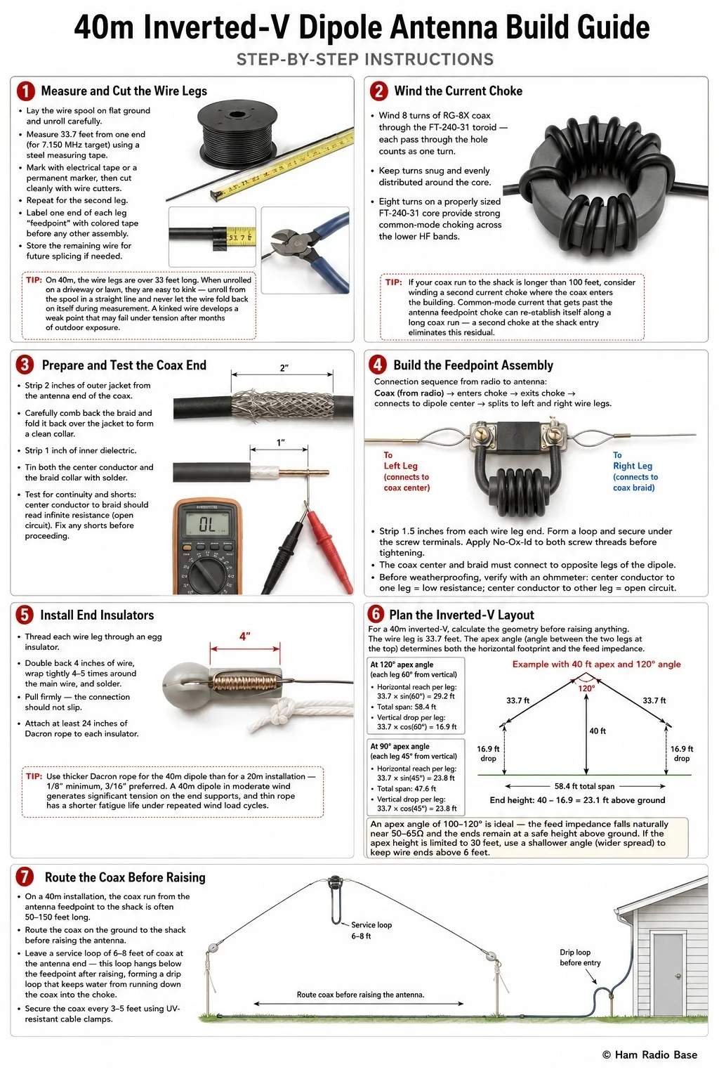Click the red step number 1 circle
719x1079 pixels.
25,91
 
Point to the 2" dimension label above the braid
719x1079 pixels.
284,367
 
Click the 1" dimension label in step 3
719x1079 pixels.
280,442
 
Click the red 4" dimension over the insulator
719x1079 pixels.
244,636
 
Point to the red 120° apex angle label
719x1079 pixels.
586,688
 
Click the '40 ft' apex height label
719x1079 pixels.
598,731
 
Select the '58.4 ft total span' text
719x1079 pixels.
584,786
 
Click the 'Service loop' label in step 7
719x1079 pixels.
371,925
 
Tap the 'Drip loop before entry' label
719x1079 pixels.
580,957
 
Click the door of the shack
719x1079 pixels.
668,974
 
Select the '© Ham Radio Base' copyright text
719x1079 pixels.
649,1054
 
